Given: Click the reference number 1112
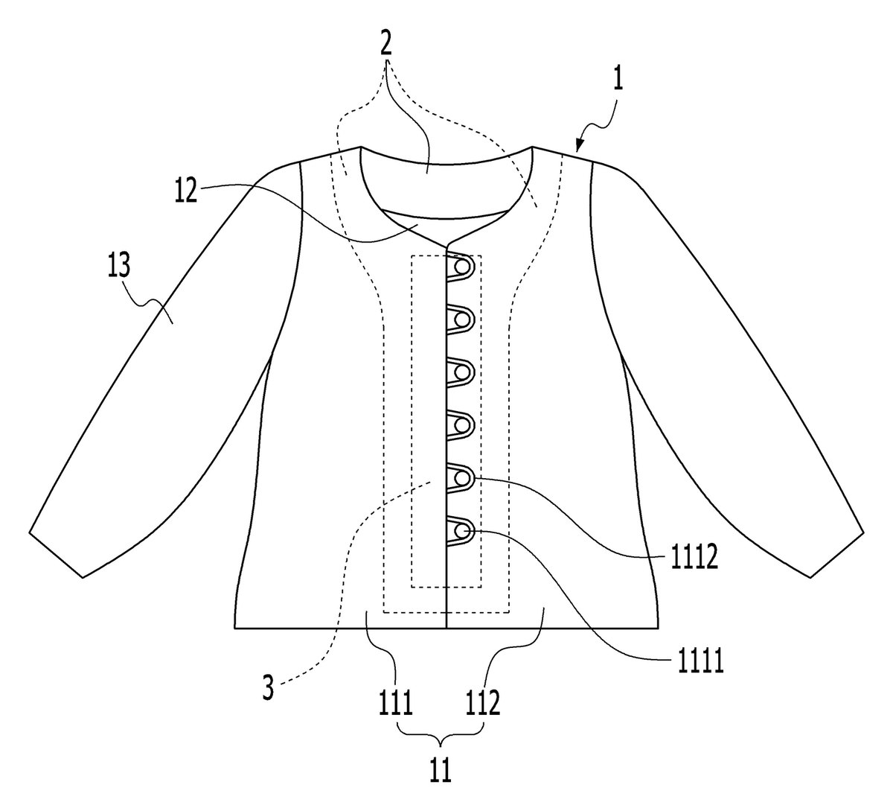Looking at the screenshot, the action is pos(694,558).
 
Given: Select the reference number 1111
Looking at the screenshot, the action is pos(700,661).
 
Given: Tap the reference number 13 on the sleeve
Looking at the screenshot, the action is pos(119,265).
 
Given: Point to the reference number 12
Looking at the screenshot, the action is pos(185,191).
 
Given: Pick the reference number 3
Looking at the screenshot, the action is pos(268,687).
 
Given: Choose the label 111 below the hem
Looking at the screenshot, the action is pos(396,702).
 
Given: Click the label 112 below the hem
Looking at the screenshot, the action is pos(483,702).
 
